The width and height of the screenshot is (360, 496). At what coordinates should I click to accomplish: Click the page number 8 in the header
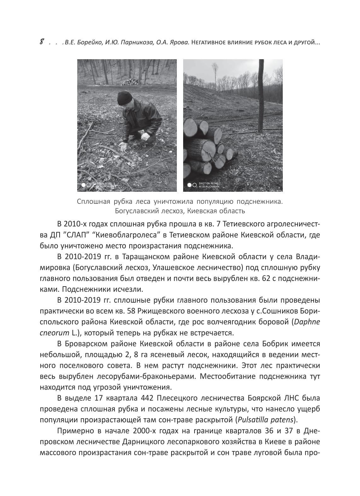(42, 42)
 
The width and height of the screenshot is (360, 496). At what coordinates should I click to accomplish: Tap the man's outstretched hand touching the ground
(124, 145)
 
